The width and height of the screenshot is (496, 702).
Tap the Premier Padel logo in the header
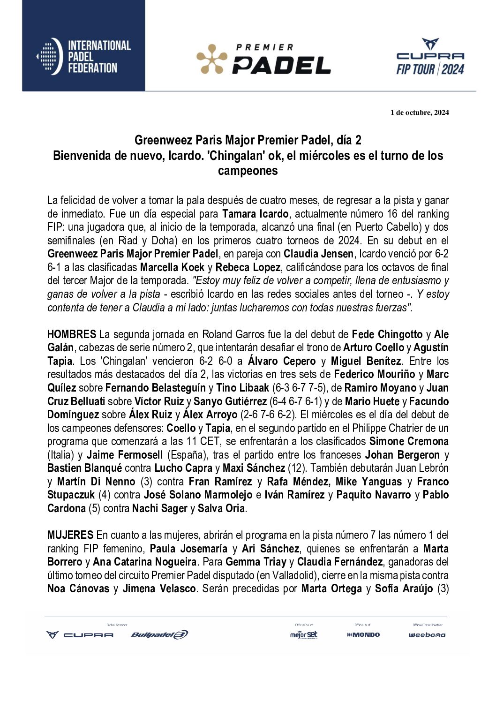coord(263,60)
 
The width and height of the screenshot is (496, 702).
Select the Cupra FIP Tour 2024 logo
coord(430,57)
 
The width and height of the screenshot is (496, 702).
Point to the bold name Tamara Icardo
coord(255,214)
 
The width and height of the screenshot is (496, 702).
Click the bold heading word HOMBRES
coord(71,334)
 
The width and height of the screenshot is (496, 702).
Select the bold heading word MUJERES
coord(70,535)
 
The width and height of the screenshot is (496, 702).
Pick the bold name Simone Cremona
coord(409,441)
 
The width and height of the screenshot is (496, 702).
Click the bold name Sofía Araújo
coord(404,589)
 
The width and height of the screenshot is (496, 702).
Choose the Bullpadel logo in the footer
coord(159,634)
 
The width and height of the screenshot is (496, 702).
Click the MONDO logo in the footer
coord(363,634)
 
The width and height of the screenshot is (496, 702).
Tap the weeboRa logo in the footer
coord(427,635)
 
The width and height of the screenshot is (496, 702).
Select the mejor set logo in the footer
coord(304,634)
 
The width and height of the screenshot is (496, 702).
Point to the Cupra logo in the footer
coord(80,634)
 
